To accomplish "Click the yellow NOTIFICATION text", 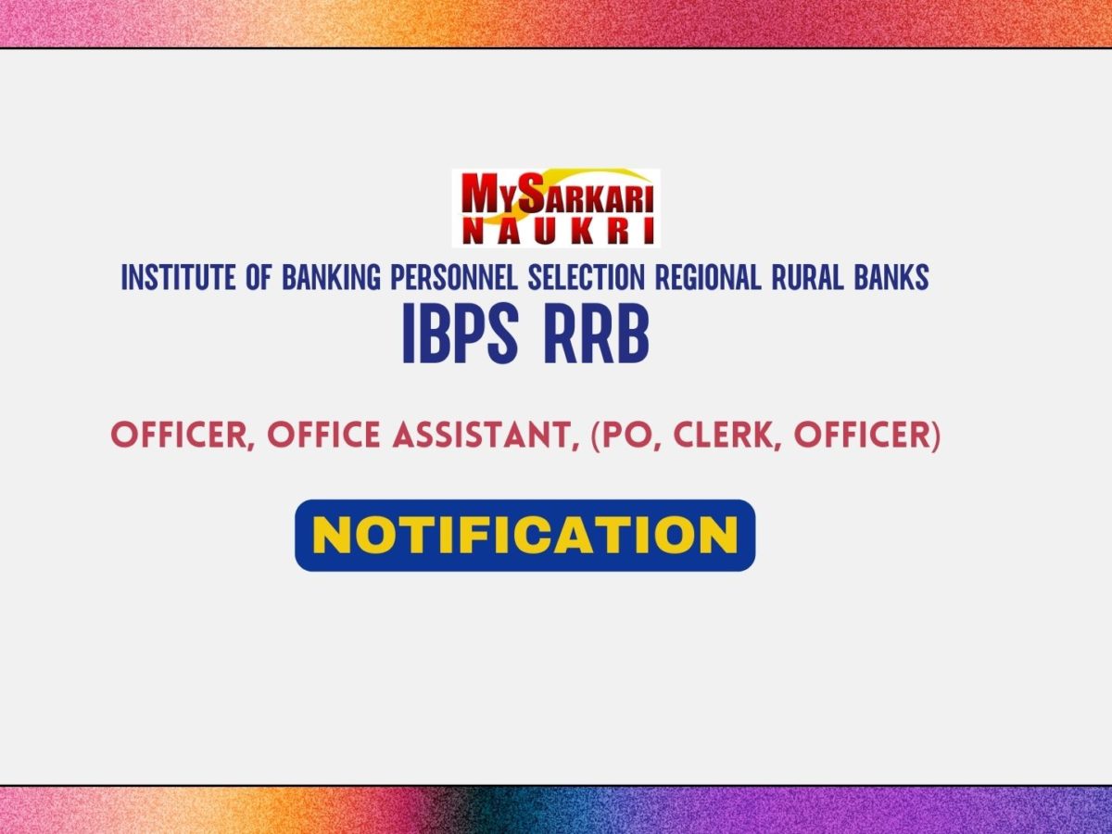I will [x=524, y=536].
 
